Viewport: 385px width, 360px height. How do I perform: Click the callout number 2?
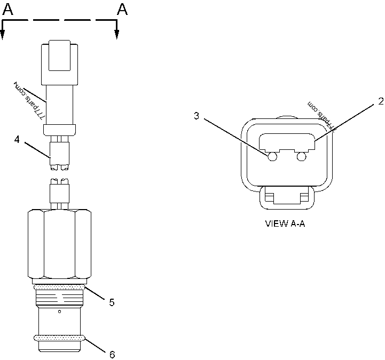380,101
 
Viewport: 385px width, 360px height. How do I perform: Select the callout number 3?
197,116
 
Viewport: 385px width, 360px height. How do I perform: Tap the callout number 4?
17,140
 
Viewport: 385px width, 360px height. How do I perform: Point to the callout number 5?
112,302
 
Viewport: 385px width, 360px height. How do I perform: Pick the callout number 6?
112,354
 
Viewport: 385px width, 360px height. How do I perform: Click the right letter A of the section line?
122,9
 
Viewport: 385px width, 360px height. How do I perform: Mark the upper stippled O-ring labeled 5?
59,287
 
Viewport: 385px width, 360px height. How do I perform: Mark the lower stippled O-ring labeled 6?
59,337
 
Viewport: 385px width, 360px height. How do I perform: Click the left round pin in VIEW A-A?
272,157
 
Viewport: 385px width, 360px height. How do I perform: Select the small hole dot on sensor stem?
59,311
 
